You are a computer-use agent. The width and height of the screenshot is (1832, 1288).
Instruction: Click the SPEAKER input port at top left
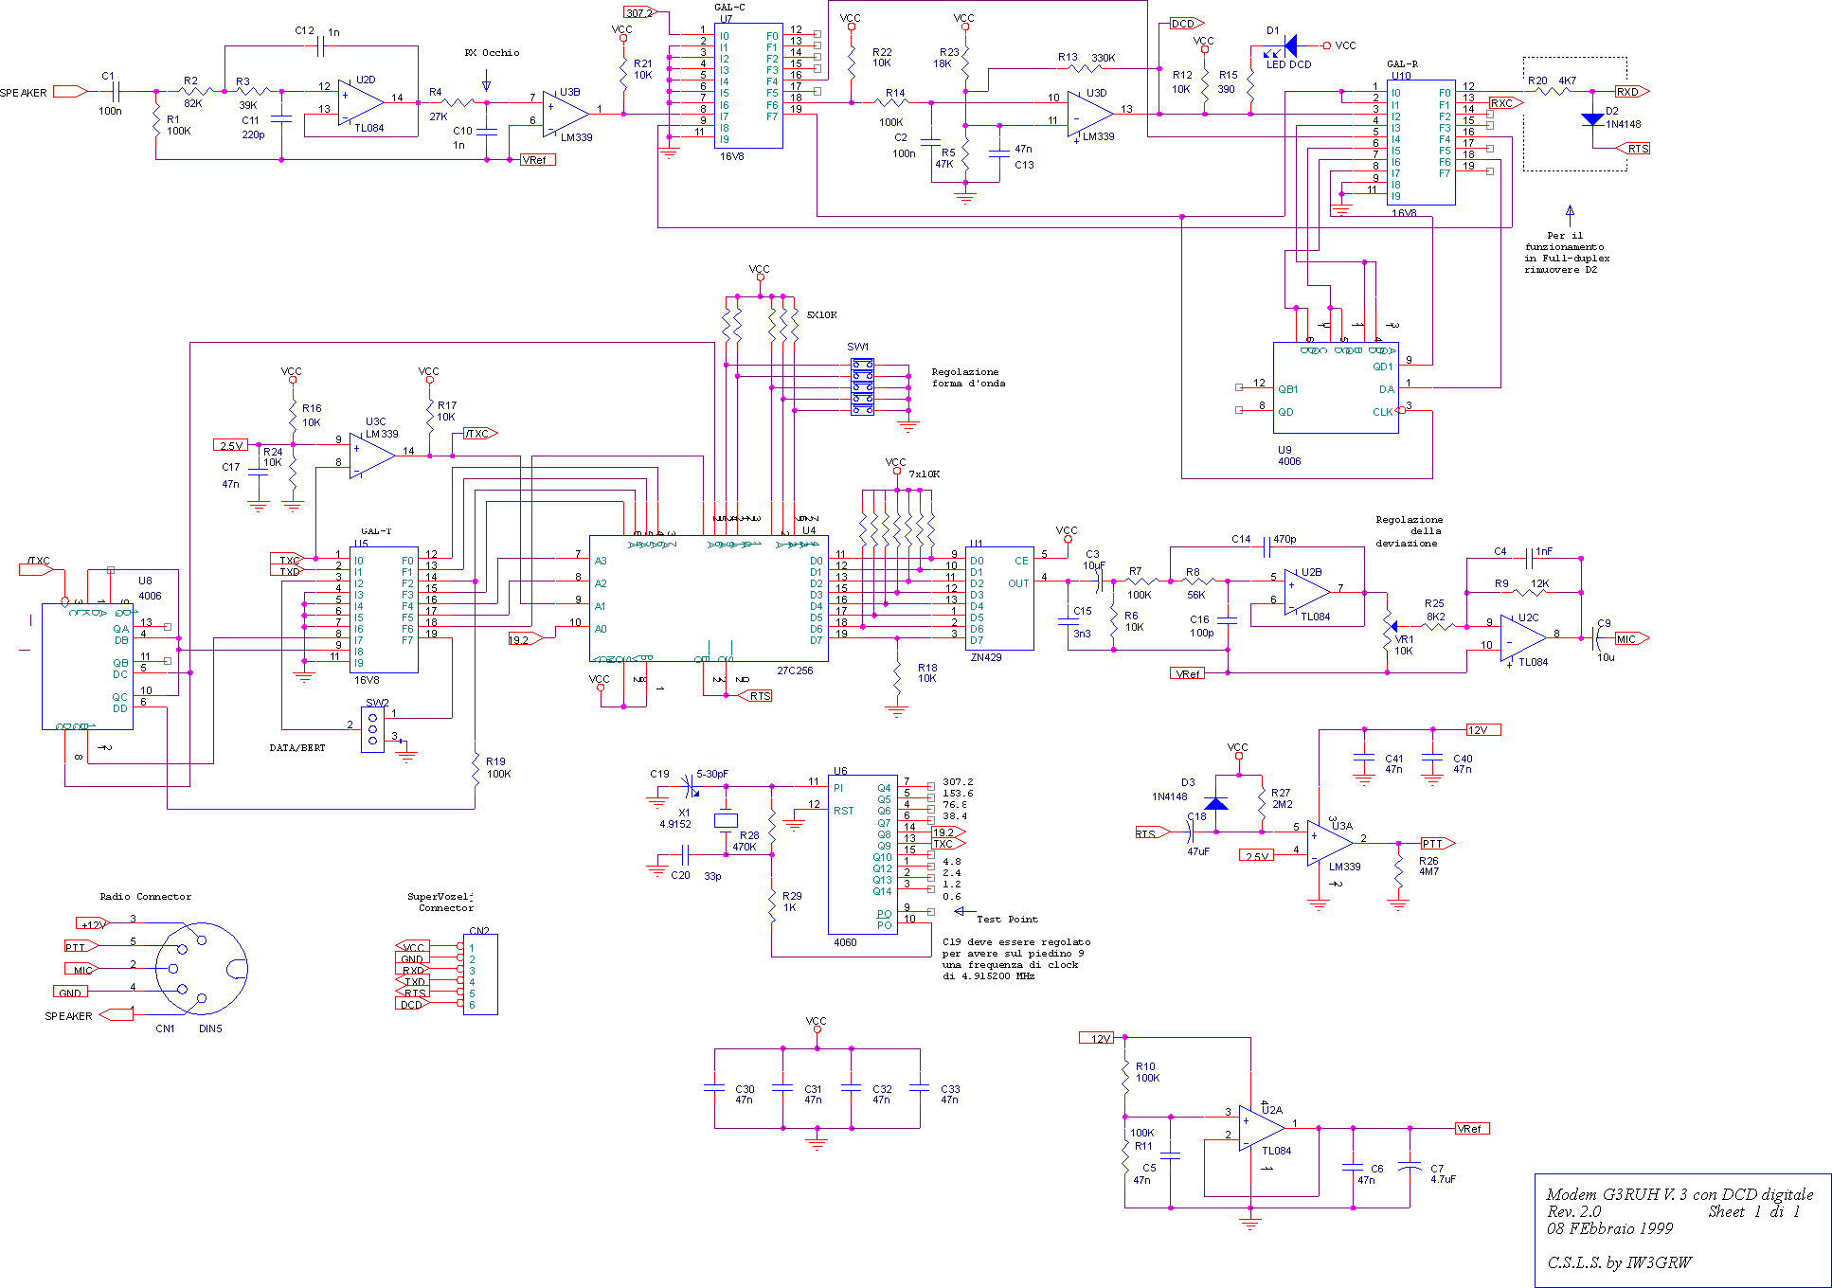coord(69,92)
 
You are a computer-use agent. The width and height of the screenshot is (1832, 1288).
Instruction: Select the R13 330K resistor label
coord(1086,58)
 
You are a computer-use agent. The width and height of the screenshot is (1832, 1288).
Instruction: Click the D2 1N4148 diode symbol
coord(1592,119)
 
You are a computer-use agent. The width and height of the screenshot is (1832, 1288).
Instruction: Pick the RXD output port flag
coord(1632,92)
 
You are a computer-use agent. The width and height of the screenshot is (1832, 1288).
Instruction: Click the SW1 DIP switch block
coord(862,387)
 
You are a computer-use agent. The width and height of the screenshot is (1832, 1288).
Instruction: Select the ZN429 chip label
coord(985,657)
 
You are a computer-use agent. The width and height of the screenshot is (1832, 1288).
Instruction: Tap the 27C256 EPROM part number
coord(795,671)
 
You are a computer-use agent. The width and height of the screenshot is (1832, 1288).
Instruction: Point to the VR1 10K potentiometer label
coord(1404,645)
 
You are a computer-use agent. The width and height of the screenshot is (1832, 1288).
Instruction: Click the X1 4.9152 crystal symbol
coord(726,821)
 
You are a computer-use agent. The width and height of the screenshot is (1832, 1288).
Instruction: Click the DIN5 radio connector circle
coord(201,968)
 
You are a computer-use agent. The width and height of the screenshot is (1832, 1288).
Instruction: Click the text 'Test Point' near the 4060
coord(1007,920)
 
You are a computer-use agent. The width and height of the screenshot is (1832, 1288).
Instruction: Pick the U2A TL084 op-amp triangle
coord(1261,1128)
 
